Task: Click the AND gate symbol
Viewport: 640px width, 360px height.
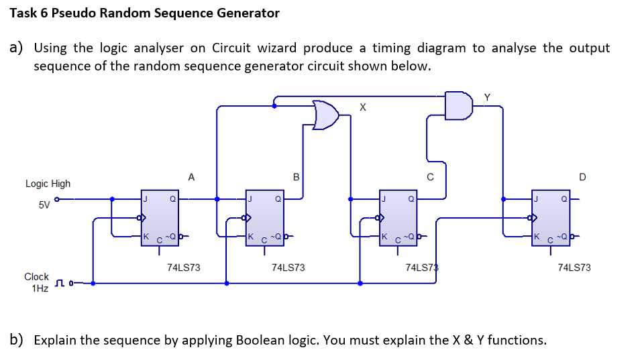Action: [x=459, y=106]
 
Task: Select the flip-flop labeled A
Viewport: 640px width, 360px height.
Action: [x=160, y=217]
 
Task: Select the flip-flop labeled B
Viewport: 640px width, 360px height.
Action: [x=264, y=217]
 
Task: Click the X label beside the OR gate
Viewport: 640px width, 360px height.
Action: [x=363, y=107]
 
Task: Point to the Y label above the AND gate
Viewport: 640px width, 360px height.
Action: [x=487, y=97]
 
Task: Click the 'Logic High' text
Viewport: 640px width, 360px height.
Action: [x=48, y=184]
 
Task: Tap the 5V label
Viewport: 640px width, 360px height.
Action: [x=44, y=205]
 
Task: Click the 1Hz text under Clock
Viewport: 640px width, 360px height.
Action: [x=40, y=288]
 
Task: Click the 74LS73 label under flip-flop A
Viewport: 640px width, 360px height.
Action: [x=183, y=267]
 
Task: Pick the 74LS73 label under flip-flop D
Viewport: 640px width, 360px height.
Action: [x=574, y=267]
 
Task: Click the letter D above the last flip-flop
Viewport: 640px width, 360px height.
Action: [x=582, y=177]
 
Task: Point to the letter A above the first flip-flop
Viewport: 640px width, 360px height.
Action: [x=191, y=177]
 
